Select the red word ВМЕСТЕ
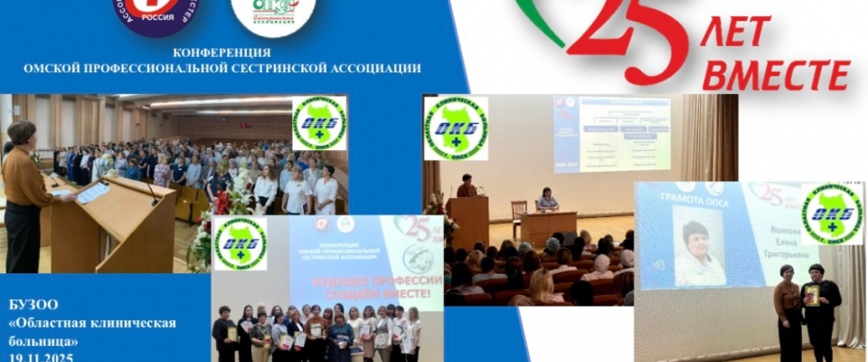click(x=775, y=76)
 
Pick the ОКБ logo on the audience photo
click(x=319, y=123)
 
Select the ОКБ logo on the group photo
click(x=240, y=243)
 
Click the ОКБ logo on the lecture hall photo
click(x=455, y=129)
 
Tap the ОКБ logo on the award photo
click(x=832, y=214)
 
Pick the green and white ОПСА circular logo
click(x=272, y=15)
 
